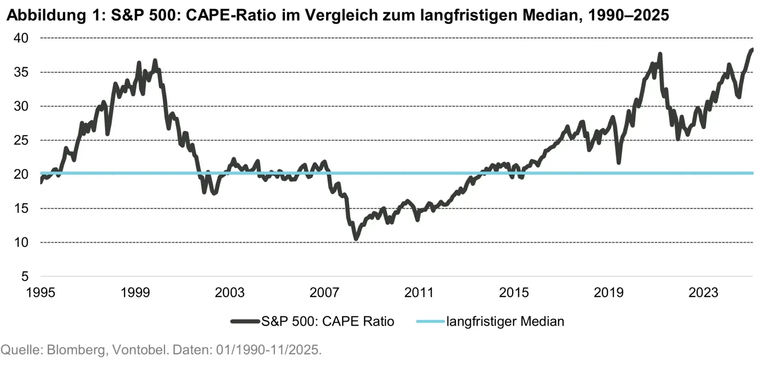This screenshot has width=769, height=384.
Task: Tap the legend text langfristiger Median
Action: (x=505, y=322)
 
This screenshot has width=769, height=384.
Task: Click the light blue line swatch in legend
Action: (x=429, y=322)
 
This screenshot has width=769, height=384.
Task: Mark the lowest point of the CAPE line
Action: (x=356, y=239)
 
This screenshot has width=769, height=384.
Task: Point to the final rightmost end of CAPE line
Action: (x=752, y=50)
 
